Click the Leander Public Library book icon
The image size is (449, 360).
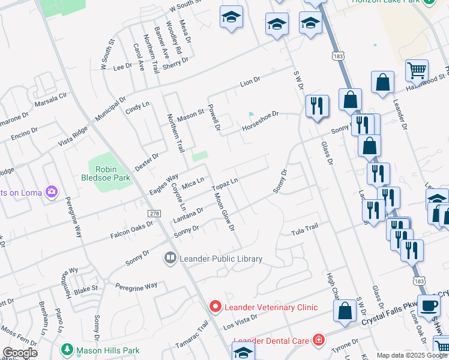pos(170,259)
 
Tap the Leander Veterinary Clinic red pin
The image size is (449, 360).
pos(215,306)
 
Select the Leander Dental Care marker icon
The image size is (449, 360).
pos(318,341)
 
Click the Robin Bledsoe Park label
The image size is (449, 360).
pos(105,173)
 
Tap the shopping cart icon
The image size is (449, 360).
pos(417,70)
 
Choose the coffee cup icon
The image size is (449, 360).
pos(428,305)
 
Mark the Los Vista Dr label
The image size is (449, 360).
pos(240,322)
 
